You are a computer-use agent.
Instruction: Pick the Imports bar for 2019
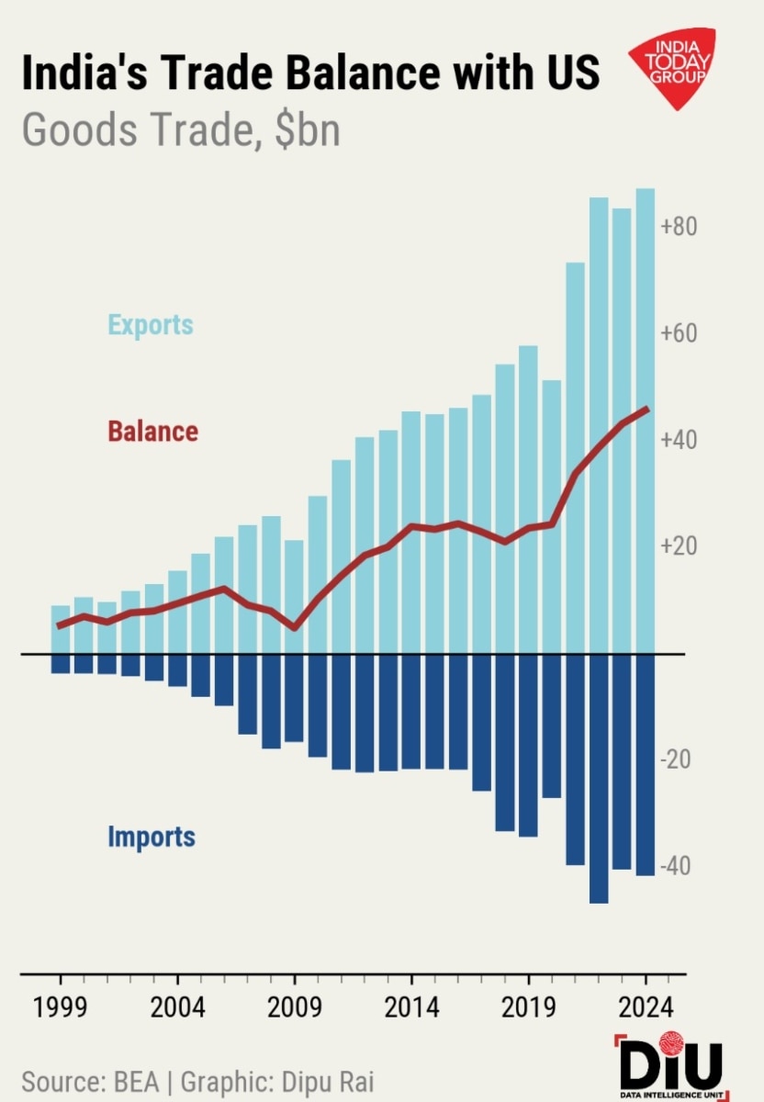(528, 744)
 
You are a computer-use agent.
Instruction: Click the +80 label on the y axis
(681, 227)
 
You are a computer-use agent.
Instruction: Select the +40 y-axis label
(681, 440)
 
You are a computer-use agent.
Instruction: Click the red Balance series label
(152, 431)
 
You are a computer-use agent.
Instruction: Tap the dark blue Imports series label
(152, 837)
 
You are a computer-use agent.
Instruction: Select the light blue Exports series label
(151, 324)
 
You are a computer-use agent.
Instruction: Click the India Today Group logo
(671, 66)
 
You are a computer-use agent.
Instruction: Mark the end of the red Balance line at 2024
(647, 409)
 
